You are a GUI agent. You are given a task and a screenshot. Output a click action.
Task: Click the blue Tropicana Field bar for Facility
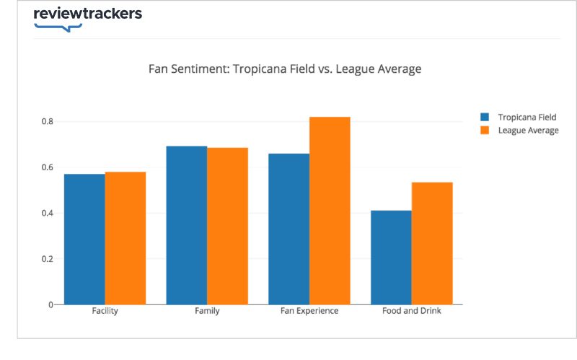pyautogui.click(x=84, y=239)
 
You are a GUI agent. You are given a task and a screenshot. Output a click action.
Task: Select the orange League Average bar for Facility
pyautogui.click(x=125, y=238)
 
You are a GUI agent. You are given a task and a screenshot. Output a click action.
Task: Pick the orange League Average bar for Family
pyautogui.click(x=228, y=226)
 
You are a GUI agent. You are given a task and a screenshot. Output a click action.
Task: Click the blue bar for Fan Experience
pyautogui.click(x=288, y=229)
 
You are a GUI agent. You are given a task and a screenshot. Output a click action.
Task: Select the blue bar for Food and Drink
pyautogui.click(x=391, y=257)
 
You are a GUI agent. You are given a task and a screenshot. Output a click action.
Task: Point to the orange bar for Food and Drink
pyautogui.click(x=432, y=243)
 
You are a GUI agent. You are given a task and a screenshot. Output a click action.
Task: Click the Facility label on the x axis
pyautogui.click(x=105, y=312)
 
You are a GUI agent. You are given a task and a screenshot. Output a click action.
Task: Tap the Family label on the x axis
pyautogui.click(x=207, y=312)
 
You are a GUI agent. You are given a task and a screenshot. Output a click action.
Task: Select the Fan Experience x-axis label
pyautogui.click(x=309, y=312)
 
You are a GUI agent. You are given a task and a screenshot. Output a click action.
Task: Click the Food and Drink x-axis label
pyautogui.click(x=411, y=312)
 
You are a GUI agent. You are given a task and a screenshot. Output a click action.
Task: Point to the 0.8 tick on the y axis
pyautogui.click(x=47, y=121)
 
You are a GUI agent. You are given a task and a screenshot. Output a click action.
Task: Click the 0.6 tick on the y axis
pyautogui.click(x=47, y=167)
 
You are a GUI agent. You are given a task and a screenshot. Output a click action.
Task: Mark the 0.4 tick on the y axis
pyautogui.click(x=47, y=213)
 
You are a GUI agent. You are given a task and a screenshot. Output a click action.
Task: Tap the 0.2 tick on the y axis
pyautogui.click(x=47, y=259)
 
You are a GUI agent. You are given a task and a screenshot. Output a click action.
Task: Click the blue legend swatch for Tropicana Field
pyautogui.click(x=485, y=117)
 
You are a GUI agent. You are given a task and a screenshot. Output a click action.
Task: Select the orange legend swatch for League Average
pyautogui.click(x=485, y=131)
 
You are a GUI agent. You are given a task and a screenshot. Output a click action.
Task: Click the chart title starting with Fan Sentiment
pyautogui.click(x=284, y=69)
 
